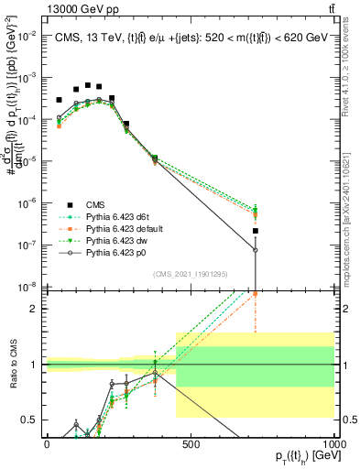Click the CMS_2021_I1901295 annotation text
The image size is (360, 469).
(190, 275)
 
